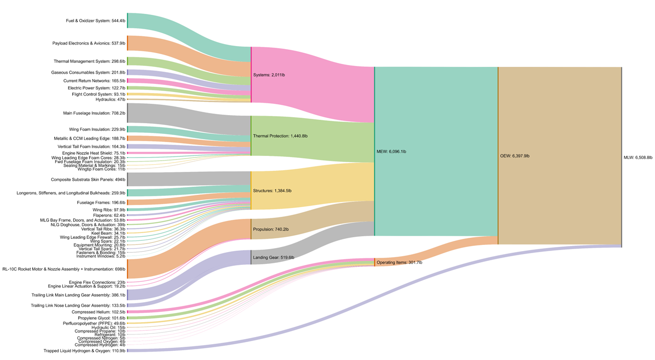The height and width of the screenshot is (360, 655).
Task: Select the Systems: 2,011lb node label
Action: click(269, 75)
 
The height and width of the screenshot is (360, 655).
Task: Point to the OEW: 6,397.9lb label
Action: click(514, 155)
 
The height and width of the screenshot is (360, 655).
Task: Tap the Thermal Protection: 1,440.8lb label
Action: click(280, 136)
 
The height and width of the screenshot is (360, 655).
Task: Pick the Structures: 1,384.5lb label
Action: click(272, 191)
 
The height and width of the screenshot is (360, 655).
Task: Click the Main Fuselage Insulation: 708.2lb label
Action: click(94, 113)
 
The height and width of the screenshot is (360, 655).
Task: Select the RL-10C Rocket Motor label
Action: click(63, 268)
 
